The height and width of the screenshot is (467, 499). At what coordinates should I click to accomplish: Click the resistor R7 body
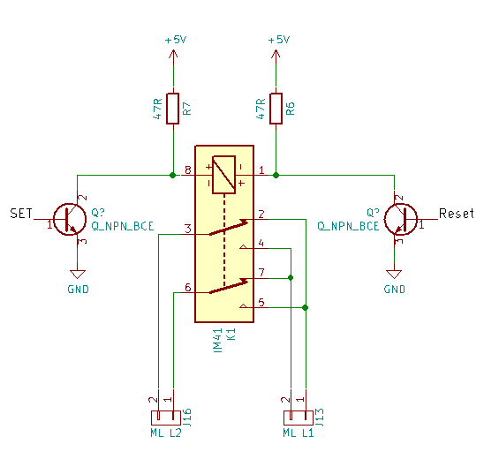[172, 109]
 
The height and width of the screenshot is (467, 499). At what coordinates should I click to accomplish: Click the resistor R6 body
[276, 109]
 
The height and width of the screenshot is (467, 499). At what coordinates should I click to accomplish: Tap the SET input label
[21, 213]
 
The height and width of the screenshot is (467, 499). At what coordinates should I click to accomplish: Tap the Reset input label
[457, 213]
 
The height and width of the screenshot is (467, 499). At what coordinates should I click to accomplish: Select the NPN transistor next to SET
[70, 219]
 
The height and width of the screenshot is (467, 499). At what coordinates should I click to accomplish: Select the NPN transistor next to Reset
[401, 219]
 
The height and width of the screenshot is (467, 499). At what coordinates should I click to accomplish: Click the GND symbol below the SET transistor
[78, 274]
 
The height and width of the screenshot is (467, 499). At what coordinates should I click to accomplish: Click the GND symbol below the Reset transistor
[394, 274]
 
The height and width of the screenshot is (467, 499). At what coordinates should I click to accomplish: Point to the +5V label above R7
[176, 40]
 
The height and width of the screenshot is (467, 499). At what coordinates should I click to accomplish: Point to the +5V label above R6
[279, 40]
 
